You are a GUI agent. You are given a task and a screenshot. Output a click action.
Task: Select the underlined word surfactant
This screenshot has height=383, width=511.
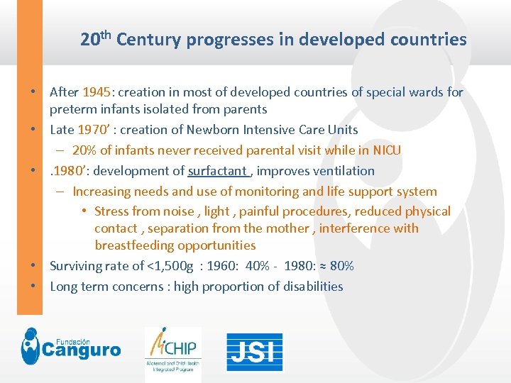pos(218,171)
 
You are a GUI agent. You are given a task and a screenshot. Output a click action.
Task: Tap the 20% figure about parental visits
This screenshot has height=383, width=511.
pos(84,150)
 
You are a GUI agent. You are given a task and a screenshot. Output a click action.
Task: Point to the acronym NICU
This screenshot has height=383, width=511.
pos(385,150)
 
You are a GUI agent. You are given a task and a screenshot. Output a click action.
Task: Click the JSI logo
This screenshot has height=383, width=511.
pos(254,351)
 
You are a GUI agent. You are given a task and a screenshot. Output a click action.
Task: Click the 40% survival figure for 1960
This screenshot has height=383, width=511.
pos(257,266)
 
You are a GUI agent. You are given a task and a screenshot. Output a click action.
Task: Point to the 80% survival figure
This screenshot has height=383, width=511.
pos(341,266)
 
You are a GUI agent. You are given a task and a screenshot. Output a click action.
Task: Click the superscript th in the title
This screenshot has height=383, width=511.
pos(106,33)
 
